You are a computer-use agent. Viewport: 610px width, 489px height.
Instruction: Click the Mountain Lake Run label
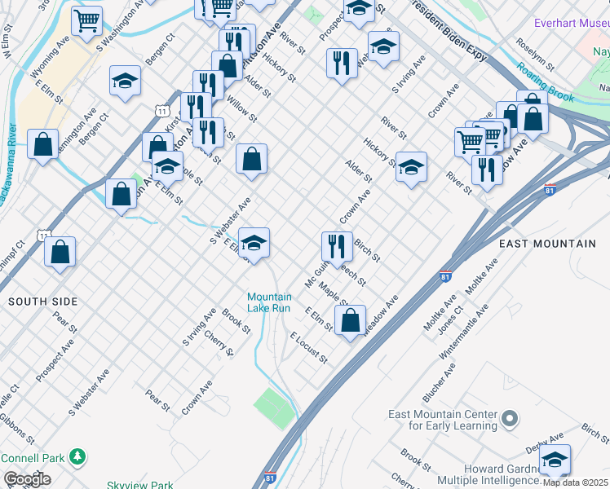269,302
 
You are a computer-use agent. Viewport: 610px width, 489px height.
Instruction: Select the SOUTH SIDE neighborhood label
42,302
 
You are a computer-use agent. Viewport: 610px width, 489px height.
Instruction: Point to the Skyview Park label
139,484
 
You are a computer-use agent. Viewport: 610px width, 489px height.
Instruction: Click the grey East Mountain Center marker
511,421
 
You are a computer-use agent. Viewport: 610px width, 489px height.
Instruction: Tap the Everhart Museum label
571,23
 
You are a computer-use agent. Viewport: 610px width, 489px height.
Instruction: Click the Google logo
27,479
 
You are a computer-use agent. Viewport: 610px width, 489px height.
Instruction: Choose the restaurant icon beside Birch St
337,244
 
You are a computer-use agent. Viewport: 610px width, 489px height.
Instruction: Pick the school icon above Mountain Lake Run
254,242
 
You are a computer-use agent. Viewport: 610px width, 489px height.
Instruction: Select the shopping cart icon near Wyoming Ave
86,21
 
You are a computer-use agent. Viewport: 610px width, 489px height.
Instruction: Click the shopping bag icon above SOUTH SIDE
60,252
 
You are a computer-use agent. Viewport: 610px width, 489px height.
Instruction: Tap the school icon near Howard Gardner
555,460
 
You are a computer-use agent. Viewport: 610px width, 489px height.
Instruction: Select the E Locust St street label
308,347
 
